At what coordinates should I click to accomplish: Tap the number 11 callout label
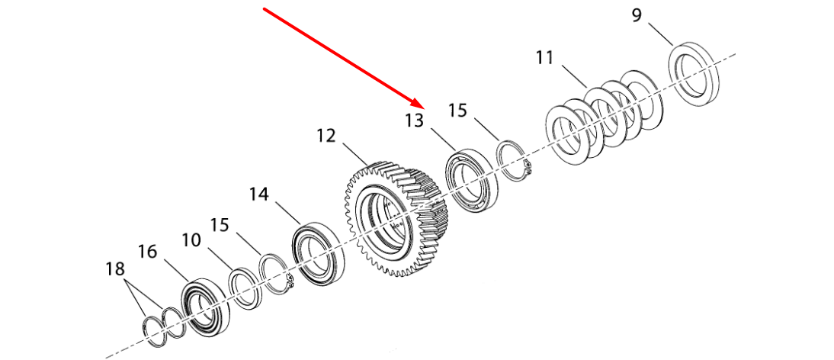545,57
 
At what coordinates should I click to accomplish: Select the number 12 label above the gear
326,136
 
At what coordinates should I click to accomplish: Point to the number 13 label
415,121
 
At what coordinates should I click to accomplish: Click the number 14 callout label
259,194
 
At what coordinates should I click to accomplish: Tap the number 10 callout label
191,240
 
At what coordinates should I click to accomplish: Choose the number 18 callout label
115,269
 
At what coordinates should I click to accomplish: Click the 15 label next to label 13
457,111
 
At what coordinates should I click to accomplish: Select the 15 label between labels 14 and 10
219,225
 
